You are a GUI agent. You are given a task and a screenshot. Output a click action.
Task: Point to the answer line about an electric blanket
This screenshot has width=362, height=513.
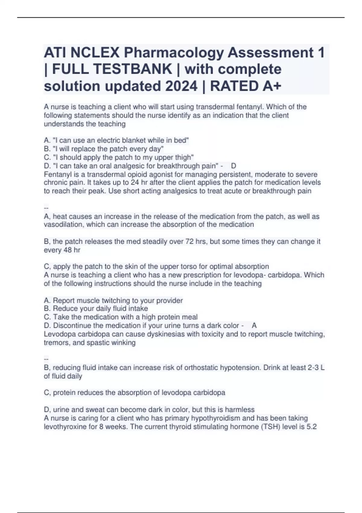click(116, 140)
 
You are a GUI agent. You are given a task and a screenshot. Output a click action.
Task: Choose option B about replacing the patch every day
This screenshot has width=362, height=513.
click(104, 149)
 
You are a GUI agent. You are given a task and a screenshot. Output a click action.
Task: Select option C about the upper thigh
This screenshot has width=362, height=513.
click(119, 157)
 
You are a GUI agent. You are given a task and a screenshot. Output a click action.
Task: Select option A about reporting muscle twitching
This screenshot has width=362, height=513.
click(113, 301)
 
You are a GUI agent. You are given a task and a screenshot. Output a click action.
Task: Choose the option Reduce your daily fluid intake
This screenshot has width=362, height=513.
click(96, 308)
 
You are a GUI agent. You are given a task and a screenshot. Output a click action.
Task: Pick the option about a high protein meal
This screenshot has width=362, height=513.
click(121, 317)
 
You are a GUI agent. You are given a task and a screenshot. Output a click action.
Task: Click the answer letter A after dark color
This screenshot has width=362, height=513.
click(254, 325)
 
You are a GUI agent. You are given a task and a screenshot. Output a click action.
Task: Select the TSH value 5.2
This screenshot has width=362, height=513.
click(311, 427)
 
